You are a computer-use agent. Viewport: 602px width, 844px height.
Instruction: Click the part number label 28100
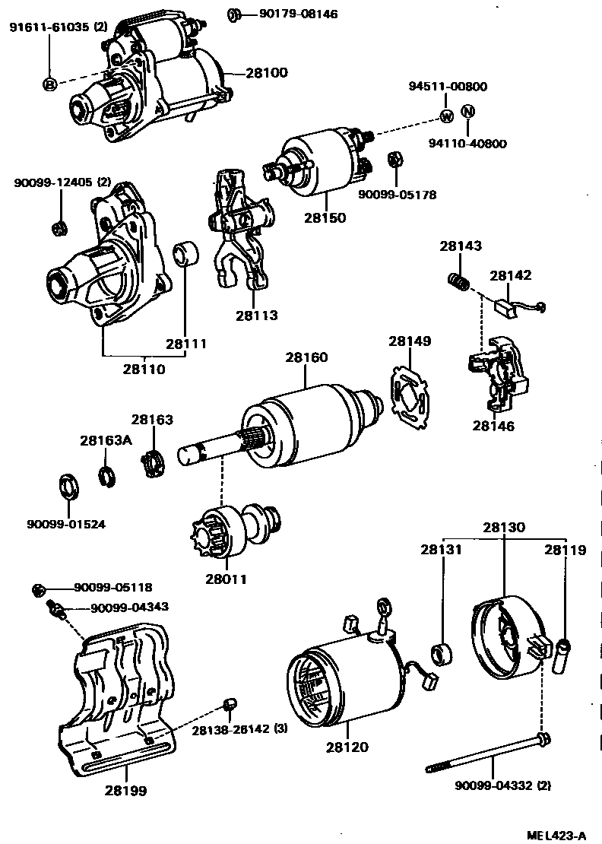[267, 74]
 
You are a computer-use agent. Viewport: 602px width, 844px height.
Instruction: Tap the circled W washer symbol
[447, 116]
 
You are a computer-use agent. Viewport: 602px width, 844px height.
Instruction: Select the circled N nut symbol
[468, 112]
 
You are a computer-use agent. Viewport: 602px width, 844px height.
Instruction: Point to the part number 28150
[325, 217]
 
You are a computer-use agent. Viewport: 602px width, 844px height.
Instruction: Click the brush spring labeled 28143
[455, 283]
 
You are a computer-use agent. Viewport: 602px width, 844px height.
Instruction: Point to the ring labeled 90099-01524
[68, 486]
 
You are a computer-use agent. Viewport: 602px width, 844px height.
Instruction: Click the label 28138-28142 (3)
[239, 729]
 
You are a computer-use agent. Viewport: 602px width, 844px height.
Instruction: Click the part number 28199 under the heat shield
[125, 790]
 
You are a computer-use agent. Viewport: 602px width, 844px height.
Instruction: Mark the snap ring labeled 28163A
[106, 477]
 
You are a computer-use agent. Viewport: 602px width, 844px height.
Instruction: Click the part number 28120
[347, 747]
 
